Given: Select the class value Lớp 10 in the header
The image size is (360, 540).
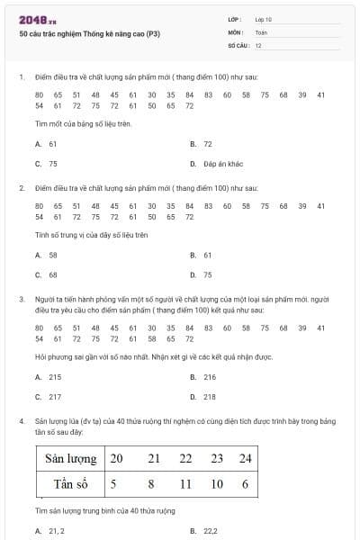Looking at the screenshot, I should coord(263,18).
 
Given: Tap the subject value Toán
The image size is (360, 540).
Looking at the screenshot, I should coord(261,31).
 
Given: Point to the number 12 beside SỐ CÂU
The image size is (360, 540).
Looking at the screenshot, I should coord(258,44).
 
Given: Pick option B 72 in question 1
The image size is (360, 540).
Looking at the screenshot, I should coord(202,143).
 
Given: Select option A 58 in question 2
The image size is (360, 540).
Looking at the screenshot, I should coord(48,255).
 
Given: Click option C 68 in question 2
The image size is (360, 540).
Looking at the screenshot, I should coord(48,274).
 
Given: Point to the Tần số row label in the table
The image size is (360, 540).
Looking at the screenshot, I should coord(73,484).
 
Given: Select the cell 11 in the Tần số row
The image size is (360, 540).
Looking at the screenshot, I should coord(186,484).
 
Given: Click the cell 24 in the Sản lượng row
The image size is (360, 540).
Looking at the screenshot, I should coord(245,459).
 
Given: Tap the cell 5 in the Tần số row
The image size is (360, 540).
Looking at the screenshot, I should coord(113,484).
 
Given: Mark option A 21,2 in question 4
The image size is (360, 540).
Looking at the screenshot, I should coord(50,531).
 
